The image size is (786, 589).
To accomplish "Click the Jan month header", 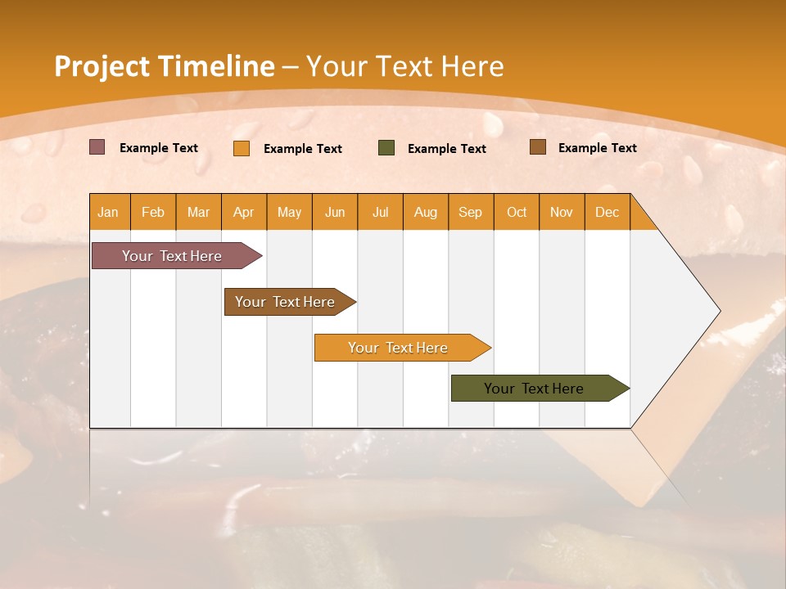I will pos(109,212).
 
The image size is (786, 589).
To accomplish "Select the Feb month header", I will pos(153,212).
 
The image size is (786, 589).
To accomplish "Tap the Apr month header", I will pos(244,212).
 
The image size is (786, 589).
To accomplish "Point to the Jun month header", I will pos(335,212).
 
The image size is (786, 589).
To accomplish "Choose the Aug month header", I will pos(426,212).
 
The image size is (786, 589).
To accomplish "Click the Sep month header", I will pos(471,212).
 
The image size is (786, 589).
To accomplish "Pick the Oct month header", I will pos(517,212).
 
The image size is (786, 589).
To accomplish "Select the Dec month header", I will pos(608,212).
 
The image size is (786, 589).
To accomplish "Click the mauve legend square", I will pos(97,147).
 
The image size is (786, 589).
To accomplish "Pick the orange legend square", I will pos(242,148).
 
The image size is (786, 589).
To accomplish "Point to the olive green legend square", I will pos(386,148).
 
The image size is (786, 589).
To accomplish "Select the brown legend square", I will pos(538,147).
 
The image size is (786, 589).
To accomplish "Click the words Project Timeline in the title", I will pos(165,66).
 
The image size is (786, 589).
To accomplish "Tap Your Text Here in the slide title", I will pos(405,66).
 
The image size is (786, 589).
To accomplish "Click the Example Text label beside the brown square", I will pos(597,147).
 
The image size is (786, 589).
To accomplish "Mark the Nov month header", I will pos(562,212).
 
